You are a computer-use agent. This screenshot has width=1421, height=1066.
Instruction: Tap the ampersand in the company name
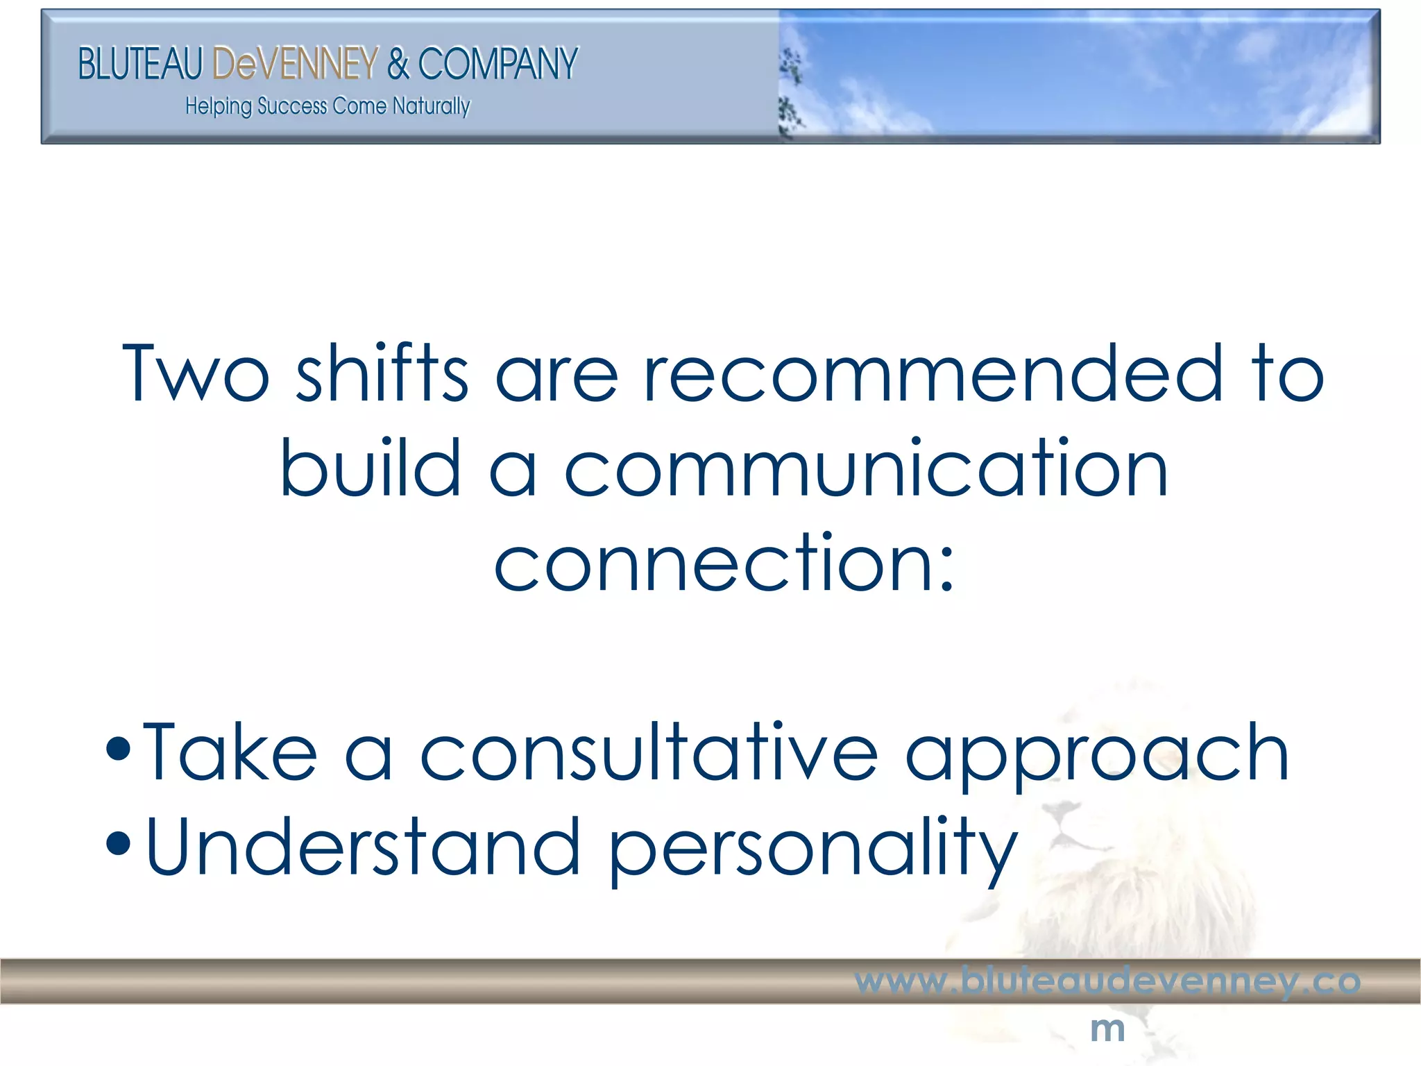tap(398, 64)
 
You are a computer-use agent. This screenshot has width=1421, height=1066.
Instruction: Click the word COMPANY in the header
tap(497, 64)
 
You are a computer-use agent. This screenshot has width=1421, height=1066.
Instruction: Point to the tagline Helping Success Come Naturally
tap(327, 106)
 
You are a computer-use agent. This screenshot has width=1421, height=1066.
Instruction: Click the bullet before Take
tap(119, 750)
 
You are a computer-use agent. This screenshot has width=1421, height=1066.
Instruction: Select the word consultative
tap(649, 753)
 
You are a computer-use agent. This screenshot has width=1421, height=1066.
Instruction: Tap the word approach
tap(1097, 756)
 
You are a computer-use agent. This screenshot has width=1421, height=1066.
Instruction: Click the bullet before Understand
tap(119, 844)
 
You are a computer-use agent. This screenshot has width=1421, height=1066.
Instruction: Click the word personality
tap(812, 850)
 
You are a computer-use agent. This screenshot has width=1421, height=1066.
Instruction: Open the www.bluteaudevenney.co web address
tap(1107, 981)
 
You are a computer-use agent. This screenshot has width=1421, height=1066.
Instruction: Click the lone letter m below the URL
tap(1107, 1029)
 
